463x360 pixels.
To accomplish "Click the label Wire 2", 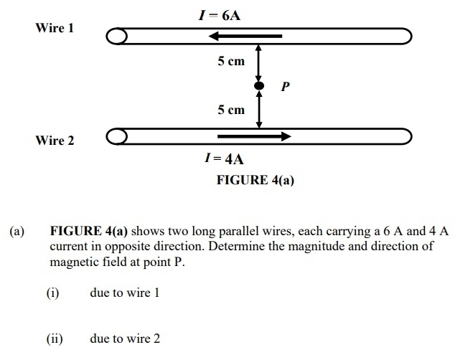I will (55, 140).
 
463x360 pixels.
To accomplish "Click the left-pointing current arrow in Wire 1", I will (240, 36).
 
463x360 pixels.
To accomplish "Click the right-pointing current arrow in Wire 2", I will (253, 136).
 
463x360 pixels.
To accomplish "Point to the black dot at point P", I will (259, 87).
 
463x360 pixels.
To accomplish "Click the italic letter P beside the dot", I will (285, 87).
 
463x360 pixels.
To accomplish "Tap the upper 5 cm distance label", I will (231, 62).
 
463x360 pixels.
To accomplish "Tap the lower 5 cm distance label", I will (231, 110).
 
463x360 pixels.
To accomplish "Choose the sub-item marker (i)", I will (52, 293).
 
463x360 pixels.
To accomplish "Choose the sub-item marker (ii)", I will (55, 338).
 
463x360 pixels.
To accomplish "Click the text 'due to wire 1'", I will (125, 293).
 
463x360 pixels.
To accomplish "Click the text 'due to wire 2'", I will (125, 338).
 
